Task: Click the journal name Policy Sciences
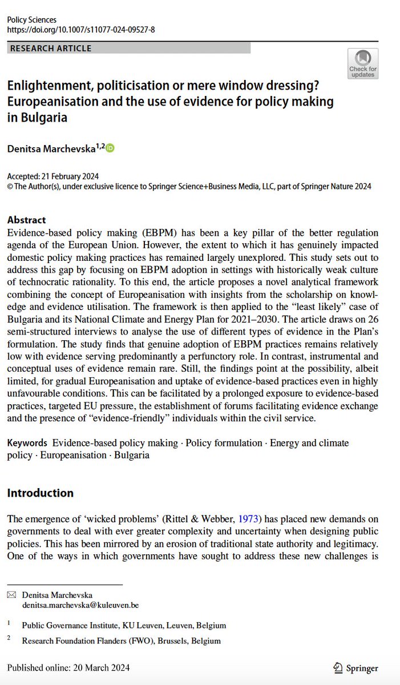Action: pos(31,20)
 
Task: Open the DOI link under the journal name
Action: pos(80,30)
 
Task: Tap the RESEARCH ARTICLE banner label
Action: pos(51,48)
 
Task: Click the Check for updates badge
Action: pos(363,63)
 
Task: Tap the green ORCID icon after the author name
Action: pos(110,148)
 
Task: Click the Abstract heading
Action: pos(26,220)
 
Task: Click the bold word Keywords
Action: pos(26,443)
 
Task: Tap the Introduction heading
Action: pos(40,493)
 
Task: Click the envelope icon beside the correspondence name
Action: pos(11,595)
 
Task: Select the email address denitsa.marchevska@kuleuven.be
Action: pos(80,604)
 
